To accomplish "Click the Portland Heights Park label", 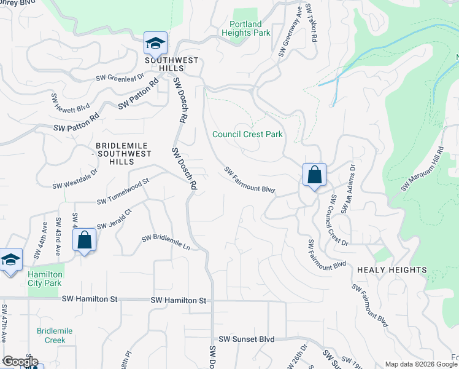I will (x=245, y=28).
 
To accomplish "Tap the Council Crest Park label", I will (x=247, y=134).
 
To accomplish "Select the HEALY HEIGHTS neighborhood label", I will (x=391, y=270).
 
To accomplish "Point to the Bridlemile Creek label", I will (x=55, y=335).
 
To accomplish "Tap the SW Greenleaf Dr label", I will (x=119, y=78).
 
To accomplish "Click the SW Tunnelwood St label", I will (x=123, y=192).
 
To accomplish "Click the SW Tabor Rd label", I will (x=314, y=25).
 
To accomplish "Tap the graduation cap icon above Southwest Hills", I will (x=156, y=44).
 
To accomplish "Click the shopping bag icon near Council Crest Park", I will (x=314, y=175).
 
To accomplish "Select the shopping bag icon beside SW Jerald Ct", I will (x=84, y=240).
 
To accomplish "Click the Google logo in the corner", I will (x=20, y=361).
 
